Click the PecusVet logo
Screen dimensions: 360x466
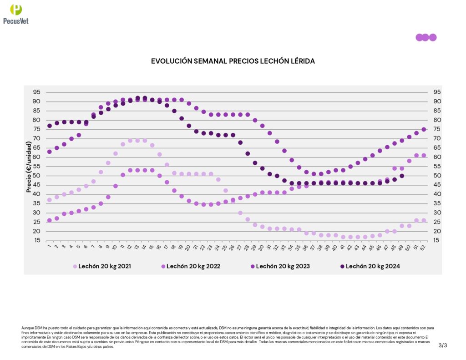tap(16, 13)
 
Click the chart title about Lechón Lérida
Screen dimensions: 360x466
tap(233, 61)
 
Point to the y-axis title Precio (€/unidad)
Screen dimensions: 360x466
tap(29, 167)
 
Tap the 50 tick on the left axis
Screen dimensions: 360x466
tap(36, 176)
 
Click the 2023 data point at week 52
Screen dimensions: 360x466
tap(424, 129)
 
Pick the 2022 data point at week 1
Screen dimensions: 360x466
tap(49, 220)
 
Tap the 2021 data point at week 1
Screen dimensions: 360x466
tap(49, 200)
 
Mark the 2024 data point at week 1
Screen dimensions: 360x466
tap(49, 126)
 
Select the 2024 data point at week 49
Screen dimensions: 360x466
tap(402, 176)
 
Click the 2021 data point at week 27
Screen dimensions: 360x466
tap(240, 213)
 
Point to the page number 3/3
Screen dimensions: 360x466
tap(443, 345)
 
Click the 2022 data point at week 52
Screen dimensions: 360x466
tap(424, 155)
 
